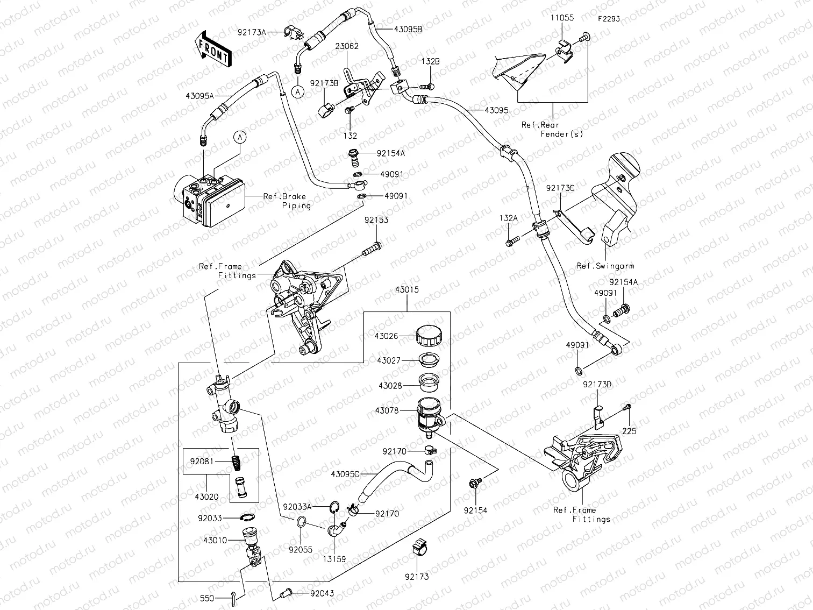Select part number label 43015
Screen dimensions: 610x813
[x=406, y=290]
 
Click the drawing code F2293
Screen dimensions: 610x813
[x=608, y=19]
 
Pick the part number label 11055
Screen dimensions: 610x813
[x=561, y=18]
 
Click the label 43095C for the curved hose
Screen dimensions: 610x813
[x=345, y=474]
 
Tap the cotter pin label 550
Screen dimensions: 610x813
[x=206, y=598]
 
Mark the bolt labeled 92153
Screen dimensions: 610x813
[x=372, y=249]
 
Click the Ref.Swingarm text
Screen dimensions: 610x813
[x=605, y=266]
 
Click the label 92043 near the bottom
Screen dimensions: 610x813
[x=322, y=593]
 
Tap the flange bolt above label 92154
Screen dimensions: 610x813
[x=474, y=483]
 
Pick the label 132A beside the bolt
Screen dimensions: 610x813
[x=508, y=218]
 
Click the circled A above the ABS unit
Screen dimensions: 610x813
[x=240, y=138]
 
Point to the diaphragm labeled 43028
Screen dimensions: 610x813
[x=428, y=381]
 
